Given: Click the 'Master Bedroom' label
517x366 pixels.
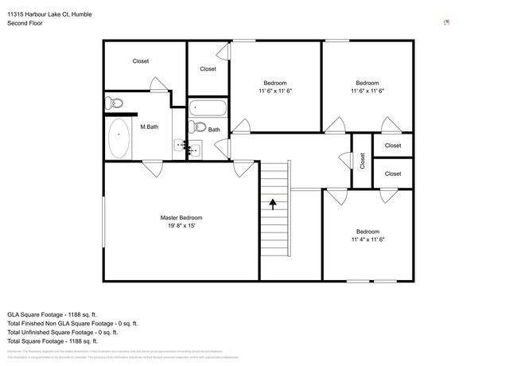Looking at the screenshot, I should click(181, 218).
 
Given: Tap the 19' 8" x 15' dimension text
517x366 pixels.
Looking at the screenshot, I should click(181, 227).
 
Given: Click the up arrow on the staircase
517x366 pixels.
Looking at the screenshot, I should click(273, 204).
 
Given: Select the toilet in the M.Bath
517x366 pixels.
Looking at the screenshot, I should click(115, 103).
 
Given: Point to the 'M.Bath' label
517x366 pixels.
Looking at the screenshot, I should click(150, 127).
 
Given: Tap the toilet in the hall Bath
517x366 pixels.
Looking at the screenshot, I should click(200, 127).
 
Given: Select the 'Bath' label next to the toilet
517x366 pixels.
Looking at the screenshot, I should click(215, 129).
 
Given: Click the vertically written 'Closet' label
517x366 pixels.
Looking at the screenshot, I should click(362, 162).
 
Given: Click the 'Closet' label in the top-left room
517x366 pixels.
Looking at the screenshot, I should click(141, 61).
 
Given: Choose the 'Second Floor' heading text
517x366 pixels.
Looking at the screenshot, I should click(25, 24).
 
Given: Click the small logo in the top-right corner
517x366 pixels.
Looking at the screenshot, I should click(447, 22).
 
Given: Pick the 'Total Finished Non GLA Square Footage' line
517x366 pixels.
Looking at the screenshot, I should click(73, 323).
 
